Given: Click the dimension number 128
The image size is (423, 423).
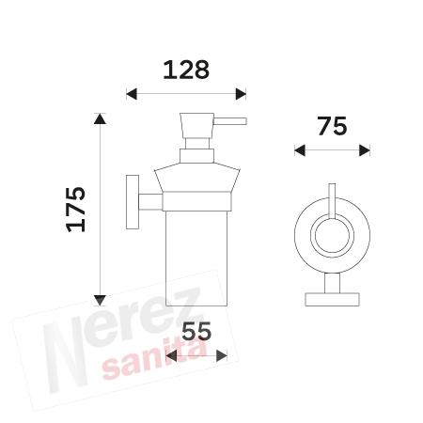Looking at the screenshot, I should coord(185,70).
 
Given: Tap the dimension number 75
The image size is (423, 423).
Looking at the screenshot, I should coord(332,125).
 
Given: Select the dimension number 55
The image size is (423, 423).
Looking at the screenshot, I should coord(196,331).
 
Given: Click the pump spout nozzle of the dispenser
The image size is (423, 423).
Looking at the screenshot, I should coord(232,121).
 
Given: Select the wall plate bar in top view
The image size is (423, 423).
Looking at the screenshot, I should coord(332,300).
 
